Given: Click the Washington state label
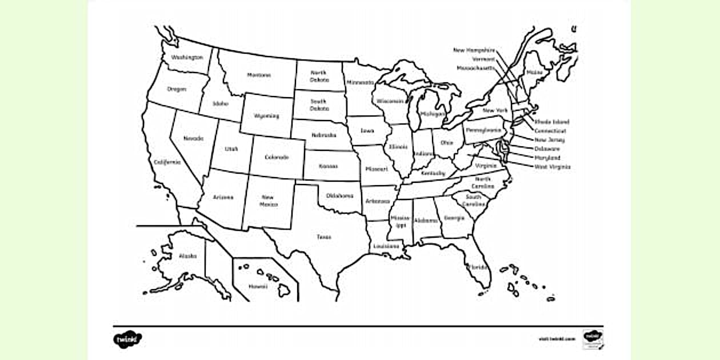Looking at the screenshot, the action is (187, 57).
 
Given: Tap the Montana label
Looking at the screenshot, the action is (259, 75).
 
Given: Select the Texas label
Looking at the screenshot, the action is (324, 237).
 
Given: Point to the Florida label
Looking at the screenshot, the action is (477, 267).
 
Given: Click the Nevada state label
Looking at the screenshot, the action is (193, 138).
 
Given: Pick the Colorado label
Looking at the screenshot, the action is (277, 157).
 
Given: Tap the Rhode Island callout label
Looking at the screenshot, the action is (551, 122).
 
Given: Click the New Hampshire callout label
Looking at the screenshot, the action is (474, 50).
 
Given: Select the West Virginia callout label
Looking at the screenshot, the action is (552, 167).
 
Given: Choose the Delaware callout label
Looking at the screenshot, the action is (547, 149).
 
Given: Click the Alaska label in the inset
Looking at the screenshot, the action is (187, 256).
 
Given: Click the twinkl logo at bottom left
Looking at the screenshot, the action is (127, 339).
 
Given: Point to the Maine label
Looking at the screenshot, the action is (535, 73).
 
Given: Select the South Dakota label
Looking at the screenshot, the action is (319, 105).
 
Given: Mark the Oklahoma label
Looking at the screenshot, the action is (339, 196).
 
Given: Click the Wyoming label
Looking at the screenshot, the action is (267, 116).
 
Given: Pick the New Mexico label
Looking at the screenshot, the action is (268, 201).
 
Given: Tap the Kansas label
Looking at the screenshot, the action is (328, 166).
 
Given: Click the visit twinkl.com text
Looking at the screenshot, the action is (557, 339).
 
